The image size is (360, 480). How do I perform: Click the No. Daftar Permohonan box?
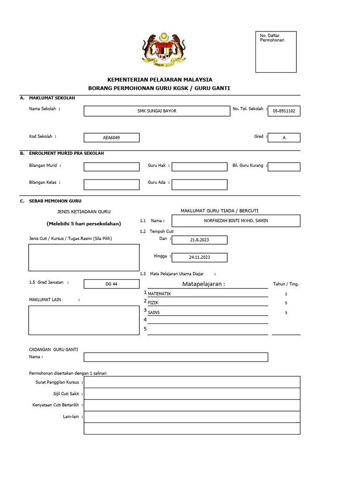pyautogui.click(x=276, y=52)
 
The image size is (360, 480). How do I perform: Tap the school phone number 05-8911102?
pyautogui.click(x=284, y=111)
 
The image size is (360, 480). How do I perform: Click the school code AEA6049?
pyautogui.click(x=112, y=138)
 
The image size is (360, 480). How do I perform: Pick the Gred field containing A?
pyautogui.click(x=284, y=138)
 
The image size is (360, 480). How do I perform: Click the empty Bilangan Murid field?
pyautogui.click(x=112, y=167)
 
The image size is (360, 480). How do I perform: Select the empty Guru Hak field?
pyautogui.click(x=200, y=167)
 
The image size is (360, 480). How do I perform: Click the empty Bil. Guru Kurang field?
pyautogui.click(x=284, y=167)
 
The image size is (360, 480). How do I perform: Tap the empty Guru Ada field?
pyautogui.click(x=200, y=185)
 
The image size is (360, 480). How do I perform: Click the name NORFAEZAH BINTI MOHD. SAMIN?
pyautogui.click(x=236, y=221)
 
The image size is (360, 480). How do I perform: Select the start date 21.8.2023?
pyautogui.click(x=200, y=240)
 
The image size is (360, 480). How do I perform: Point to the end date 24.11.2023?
pyautogui.click(x=200, y=257)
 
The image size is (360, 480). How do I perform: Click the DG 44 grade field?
pyautogui.click(x=112, y=284)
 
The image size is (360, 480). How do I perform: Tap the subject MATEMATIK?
pyautogui.click(x=160, y=293)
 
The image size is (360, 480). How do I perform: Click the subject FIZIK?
pyautogui.click(x=154, y=303)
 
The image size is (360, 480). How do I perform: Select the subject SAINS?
pyautogui.click(x=154, y=312)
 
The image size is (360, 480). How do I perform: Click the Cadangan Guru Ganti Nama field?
pyautogui.click(x=176, y=357)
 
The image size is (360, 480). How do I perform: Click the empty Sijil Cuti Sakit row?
pyautogui.click(x=192, y=394)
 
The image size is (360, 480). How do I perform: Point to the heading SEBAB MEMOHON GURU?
pyautogui.click(x=49, y=200)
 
